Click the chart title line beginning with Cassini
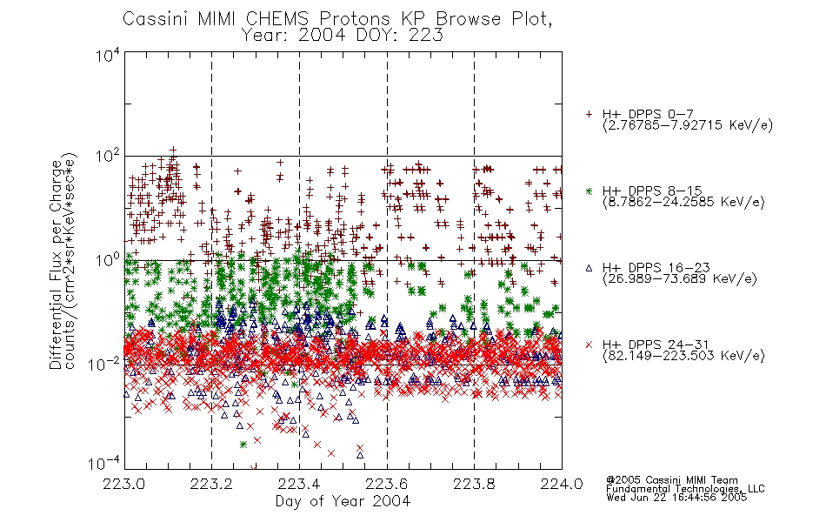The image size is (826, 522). (337, 19)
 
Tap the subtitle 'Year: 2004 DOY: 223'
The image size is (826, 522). (342, 35)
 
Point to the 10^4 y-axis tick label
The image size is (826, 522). (108, 55)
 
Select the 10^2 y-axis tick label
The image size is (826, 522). (108, 156)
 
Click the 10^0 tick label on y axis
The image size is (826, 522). (108, 260)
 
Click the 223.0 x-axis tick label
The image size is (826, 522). (124, 484)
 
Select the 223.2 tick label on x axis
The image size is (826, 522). (212, 484)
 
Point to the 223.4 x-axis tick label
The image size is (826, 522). (299, 484)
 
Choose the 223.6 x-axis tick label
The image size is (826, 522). (387, 484)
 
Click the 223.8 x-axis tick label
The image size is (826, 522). (474, 484)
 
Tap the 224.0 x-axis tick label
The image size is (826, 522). (562, 484)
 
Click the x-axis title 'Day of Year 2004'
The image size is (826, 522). (343, 500)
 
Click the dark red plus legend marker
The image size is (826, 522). (589, 114)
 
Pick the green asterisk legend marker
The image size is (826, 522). (589, 191)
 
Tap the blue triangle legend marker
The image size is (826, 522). (589, 268)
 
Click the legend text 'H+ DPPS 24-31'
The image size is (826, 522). (656, 345)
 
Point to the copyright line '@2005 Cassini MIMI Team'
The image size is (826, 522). (671, 480)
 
